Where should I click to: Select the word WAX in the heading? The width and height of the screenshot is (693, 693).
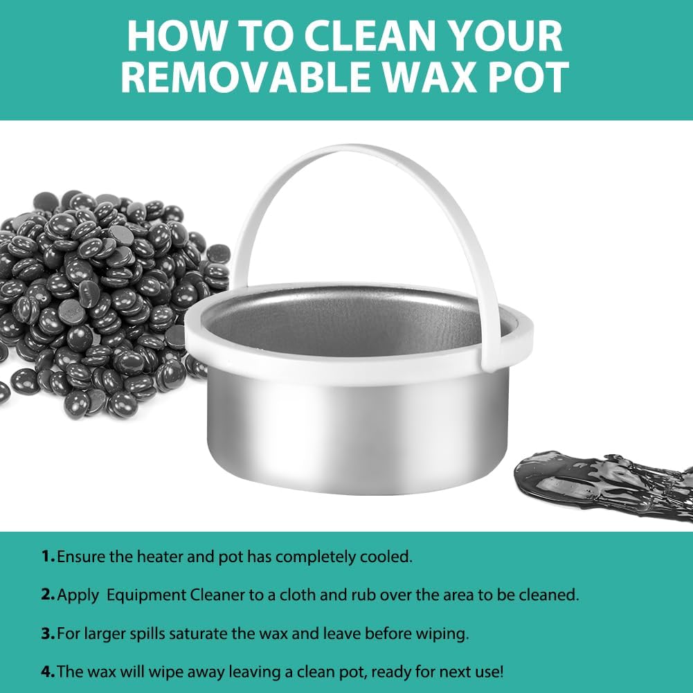coord(431,77)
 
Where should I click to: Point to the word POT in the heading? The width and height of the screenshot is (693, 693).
coord(530,77)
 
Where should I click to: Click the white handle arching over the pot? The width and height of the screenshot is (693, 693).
coord(354,150)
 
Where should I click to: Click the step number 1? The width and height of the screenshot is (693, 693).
coord(48,557)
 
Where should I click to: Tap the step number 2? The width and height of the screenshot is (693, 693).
coord(48,595)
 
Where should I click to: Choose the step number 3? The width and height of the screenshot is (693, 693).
coord(48,633)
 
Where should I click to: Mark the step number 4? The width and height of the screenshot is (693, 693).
coord(48,672)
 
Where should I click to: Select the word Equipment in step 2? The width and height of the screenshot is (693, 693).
coord(147,595)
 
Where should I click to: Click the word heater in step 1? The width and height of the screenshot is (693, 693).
coord(160,557)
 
